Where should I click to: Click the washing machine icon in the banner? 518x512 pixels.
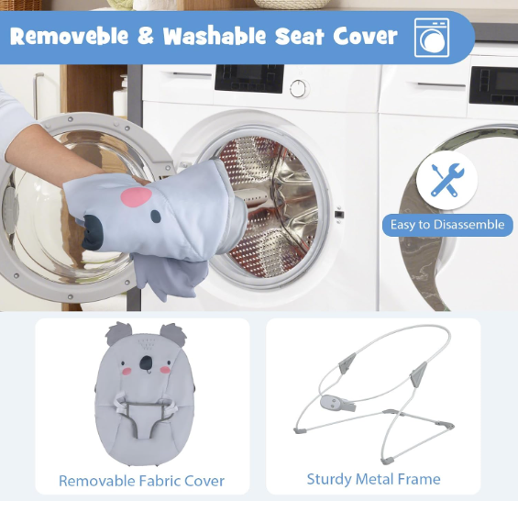pos(432,38)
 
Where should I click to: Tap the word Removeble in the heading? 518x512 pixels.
pos(69,36)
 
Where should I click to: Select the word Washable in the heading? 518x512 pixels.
pos(215,36)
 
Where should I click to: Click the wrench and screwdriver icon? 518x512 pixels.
pos(447,180)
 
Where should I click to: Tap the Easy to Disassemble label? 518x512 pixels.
pos(447,225)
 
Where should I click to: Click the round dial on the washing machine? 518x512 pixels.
pos(299,89)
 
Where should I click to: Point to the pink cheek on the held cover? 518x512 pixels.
pos(136,197)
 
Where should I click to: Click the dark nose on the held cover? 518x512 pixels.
pos(93,233)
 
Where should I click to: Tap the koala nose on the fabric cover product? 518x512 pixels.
pos(146,362)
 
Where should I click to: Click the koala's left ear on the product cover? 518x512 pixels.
pos(118,334)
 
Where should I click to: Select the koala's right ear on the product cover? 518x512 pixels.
pos(173,335)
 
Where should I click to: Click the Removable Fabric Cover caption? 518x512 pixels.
pos(142,481)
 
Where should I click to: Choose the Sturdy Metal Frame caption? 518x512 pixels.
pos(374,479)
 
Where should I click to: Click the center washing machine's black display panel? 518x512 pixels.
pos(249,78)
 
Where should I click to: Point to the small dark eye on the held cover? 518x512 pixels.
pos(156,217)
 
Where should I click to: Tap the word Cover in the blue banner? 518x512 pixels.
pos(366,36)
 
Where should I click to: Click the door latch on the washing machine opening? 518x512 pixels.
pos(339,214)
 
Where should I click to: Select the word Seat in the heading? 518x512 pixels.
pos(299,36)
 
